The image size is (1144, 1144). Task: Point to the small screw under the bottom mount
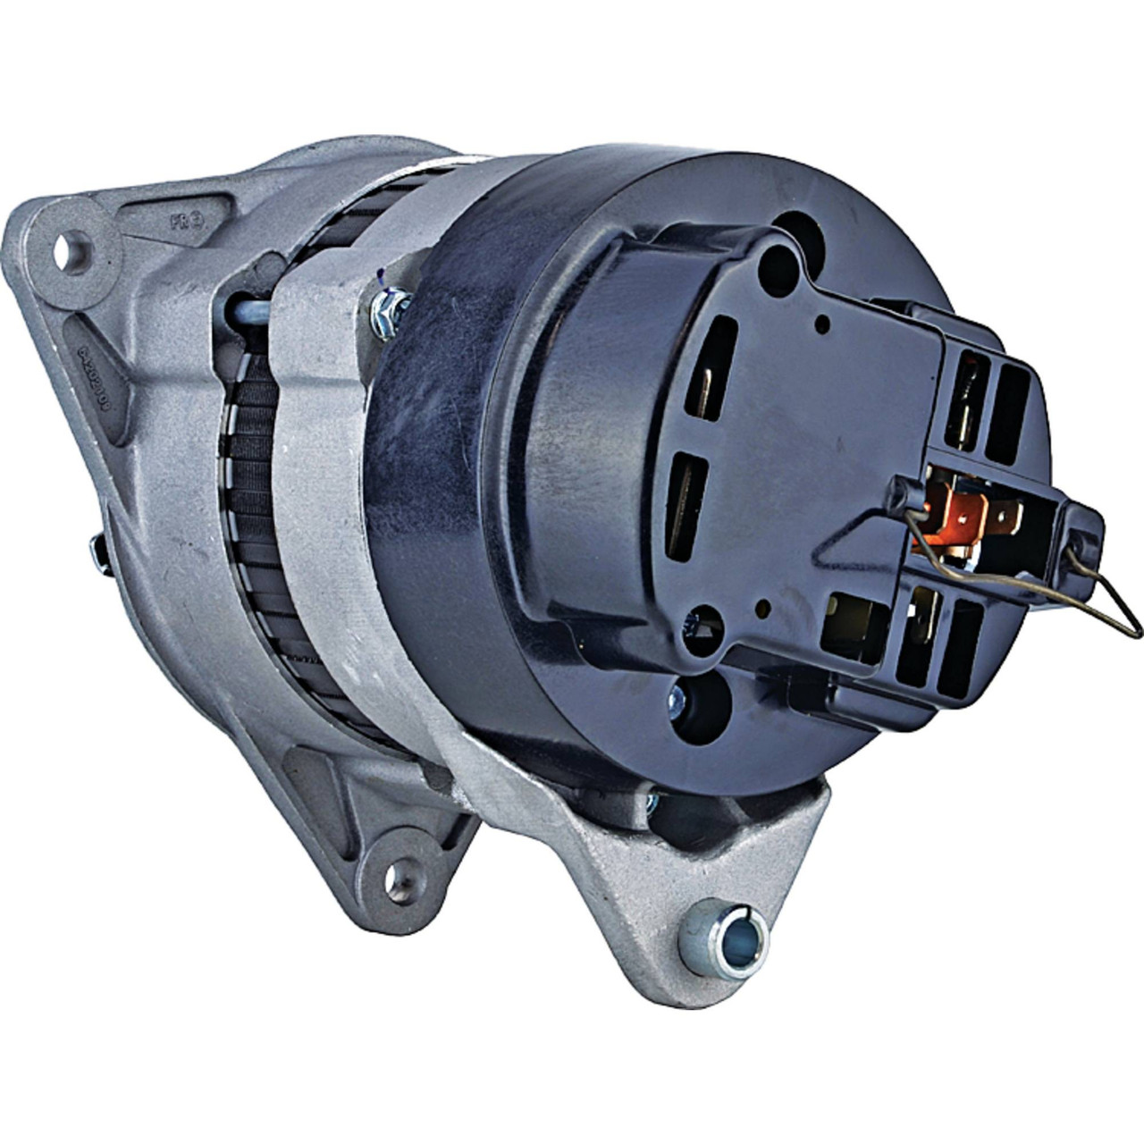click(652, 795)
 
